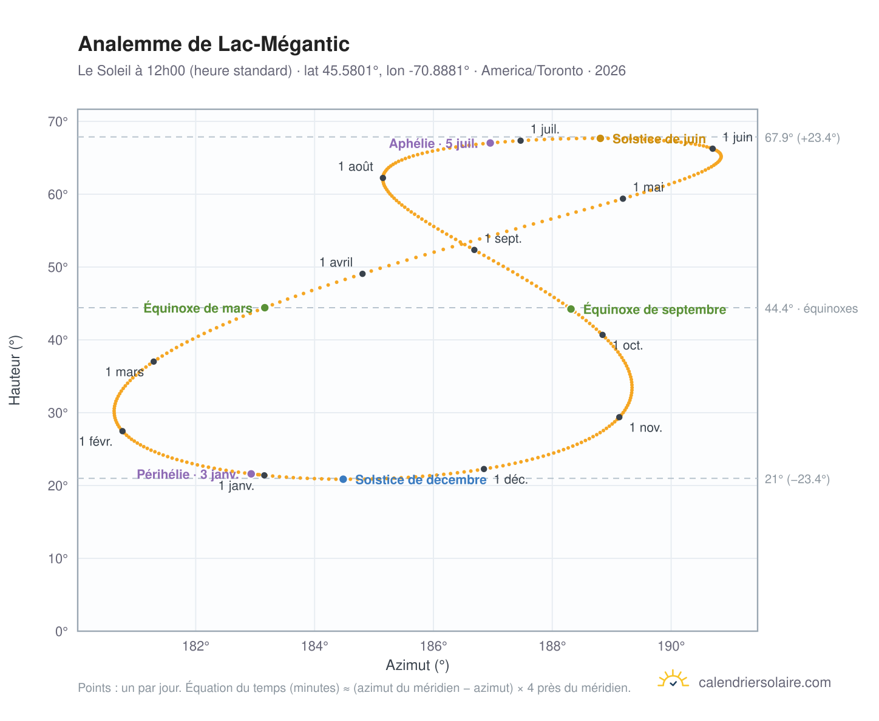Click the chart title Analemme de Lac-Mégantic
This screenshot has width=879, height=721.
[x=214, y=44]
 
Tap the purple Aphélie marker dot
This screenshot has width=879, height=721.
[x=490, y=143]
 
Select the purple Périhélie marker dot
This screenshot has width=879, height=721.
[x=251, y=473]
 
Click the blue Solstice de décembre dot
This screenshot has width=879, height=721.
[x=342, y=479]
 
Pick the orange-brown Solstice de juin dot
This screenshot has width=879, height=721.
[x=600, y=138]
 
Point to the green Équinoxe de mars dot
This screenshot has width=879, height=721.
[x=264, y=308]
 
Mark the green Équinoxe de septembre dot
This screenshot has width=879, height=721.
[x=571, y=309]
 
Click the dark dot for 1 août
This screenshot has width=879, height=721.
[x=382, y=178]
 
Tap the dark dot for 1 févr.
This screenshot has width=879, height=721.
[x=122, y=431]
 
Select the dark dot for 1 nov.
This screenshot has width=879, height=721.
[x=619, y=417]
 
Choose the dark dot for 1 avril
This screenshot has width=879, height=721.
[x=362, y=274]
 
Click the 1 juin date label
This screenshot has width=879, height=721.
[x=737, y=137]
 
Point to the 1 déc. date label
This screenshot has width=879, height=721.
[x=511, y=479]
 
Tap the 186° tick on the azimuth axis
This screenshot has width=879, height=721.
[x=433, y=646]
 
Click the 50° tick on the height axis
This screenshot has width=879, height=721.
[x=58, y=267]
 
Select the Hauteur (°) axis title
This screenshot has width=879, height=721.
[x=15, y=370]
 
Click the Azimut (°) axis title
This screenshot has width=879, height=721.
[x=417, y=665]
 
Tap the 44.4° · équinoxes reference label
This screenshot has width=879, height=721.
[x=810, y=308]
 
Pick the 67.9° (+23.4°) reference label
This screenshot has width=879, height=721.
[x=802, y=138]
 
